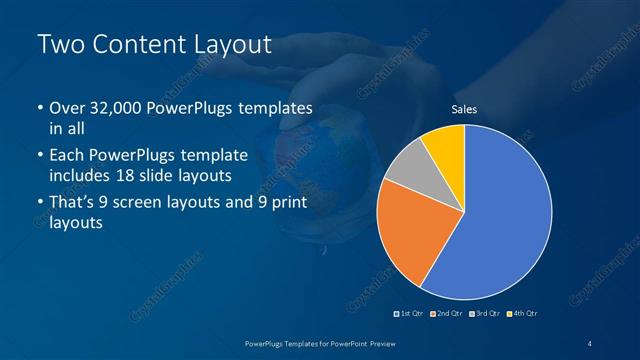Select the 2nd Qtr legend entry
(447, 314)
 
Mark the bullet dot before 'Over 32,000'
(39, 109)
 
